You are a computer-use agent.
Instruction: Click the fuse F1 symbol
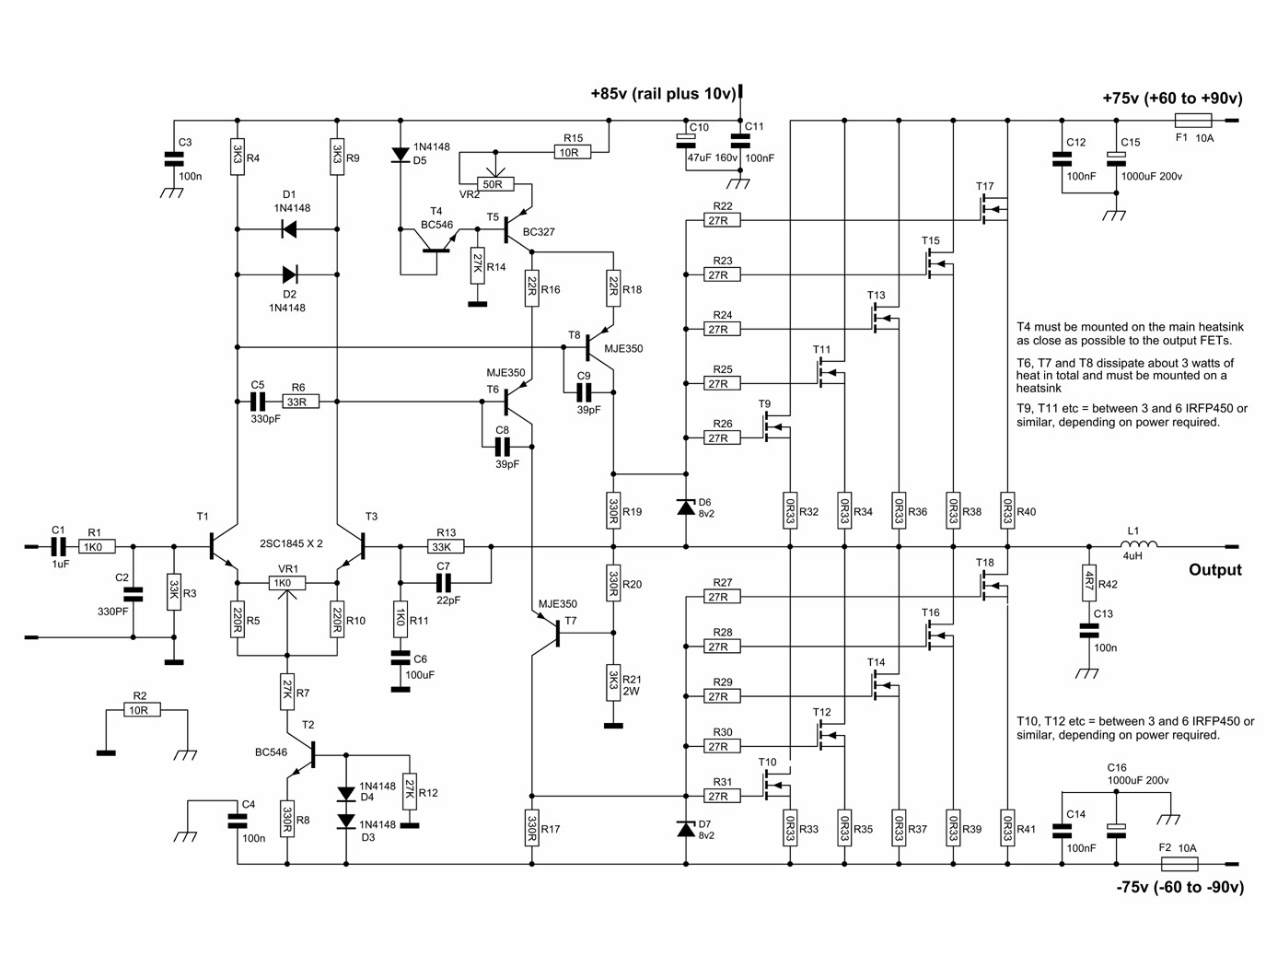click(x=1193, y=121)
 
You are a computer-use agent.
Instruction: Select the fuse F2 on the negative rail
click(x=1179, y=864)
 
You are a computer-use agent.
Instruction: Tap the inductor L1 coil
click(x=1139, y=546)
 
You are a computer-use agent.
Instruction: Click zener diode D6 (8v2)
click(x=685, y=507)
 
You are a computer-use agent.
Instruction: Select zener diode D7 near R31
click(x=685, y=829)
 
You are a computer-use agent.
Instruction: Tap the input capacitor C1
click(x=59, y=546)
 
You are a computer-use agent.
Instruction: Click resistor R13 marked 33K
click(x=446, y=546)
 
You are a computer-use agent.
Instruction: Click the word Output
click(x=1214, y=570)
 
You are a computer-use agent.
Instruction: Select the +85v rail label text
click(x=662, y=93)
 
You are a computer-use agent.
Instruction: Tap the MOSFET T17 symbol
click(x=993, y=210)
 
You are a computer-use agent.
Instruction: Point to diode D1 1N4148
click(x=287, y=229)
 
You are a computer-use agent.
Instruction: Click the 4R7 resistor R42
click(x=1088, y=582)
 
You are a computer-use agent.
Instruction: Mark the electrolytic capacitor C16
click(x=1116, y=829)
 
